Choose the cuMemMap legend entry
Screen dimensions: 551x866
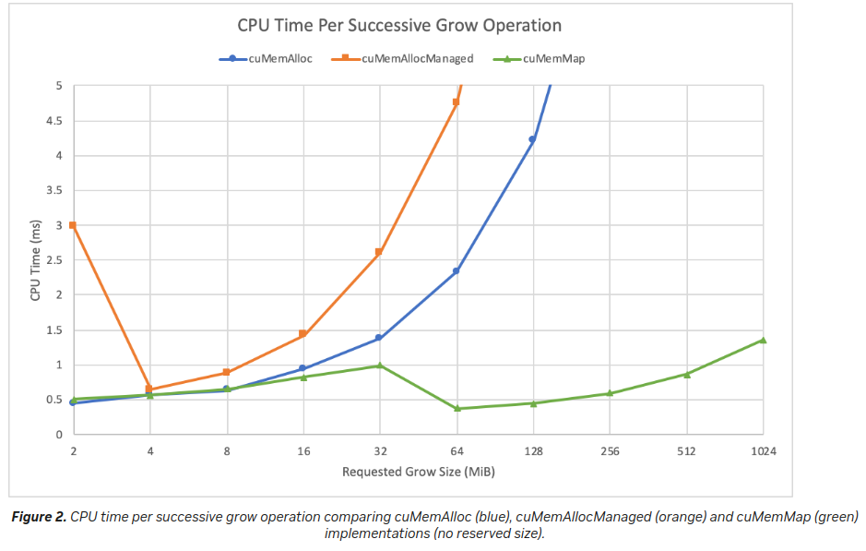[553, 58]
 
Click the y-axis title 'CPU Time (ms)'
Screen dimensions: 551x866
[35, 260]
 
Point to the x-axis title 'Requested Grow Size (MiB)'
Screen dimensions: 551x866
[417, 472]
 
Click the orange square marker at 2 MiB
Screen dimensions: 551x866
[72, 225]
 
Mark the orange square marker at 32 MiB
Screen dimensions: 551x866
[379, 252]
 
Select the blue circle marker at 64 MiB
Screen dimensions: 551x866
[456, 271]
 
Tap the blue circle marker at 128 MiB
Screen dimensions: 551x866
[532, 139]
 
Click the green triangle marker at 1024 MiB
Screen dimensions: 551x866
[763, 340]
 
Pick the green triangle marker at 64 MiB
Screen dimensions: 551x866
[456, 408]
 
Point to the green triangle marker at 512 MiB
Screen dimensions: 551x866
[686, 374]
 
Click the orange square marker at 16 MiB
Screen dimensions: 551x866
[303, 334]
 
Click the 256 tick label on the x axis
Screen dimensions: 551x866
[609, 452]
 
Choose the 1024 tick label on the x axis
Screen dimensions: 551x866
[763, 452]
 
